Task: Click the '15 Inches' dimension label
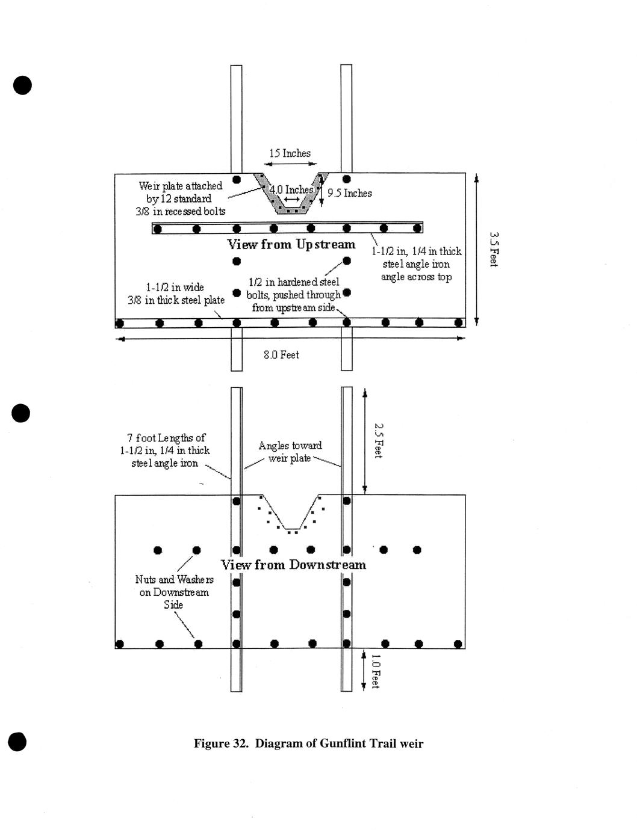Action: click(290, 153)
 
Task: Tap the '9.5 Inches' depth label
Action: click(349, 193)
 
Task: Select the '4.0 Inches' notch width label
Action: click(291, 189)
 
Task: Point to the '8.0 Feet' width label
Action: click(281, 355)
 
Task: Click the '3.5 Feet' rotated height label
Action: click(493, 249)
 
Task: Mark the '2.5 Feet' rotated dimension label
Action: click(379, 441)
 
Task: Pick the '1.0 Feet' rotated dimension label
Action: click(376, 671)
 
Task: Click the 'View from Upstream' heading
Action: click(291, 244)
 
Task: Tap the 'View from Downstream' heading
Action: click(293, 565)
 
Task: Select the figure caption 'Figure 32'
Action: click(308, 743)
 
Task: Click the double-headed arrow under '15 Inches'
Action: click(291, 164)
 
